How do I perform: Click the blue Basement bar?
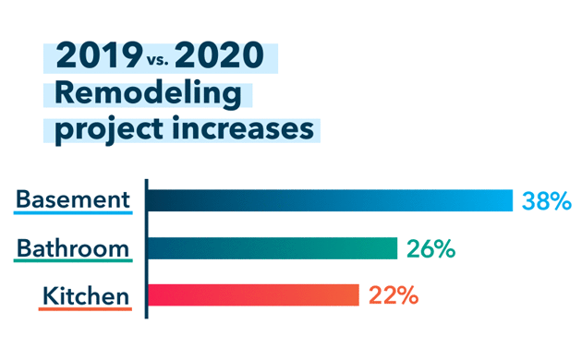coord(330,200)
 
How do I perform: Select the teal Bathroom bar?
coord(273,248)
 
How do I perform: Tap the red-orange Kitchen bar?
coord(253,295)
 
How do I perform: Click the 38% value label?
coord(547,200)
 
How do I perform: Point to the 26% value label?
coord(432,249)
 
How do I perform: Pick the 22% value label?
coord(394,296)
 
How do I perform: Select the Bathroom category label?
coord(73,247)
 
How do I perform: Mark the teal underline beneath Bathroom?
coord(73,261)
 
